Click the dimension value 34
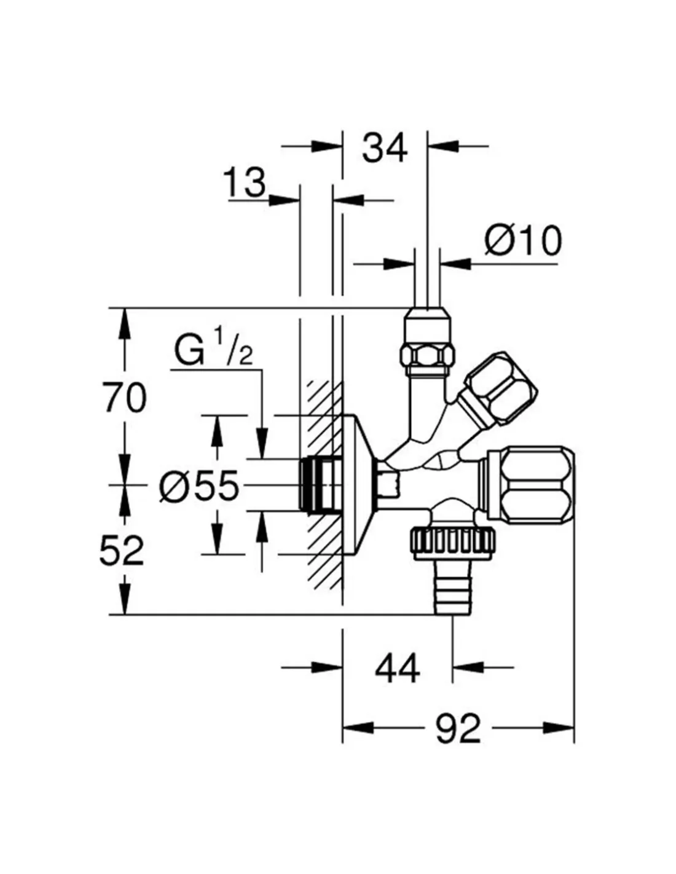385,148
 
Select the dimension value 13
245,183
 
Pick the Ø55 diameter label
198,487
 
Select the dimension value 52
122,550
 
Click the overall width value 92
458,729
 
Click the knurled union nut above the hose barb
453,542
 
